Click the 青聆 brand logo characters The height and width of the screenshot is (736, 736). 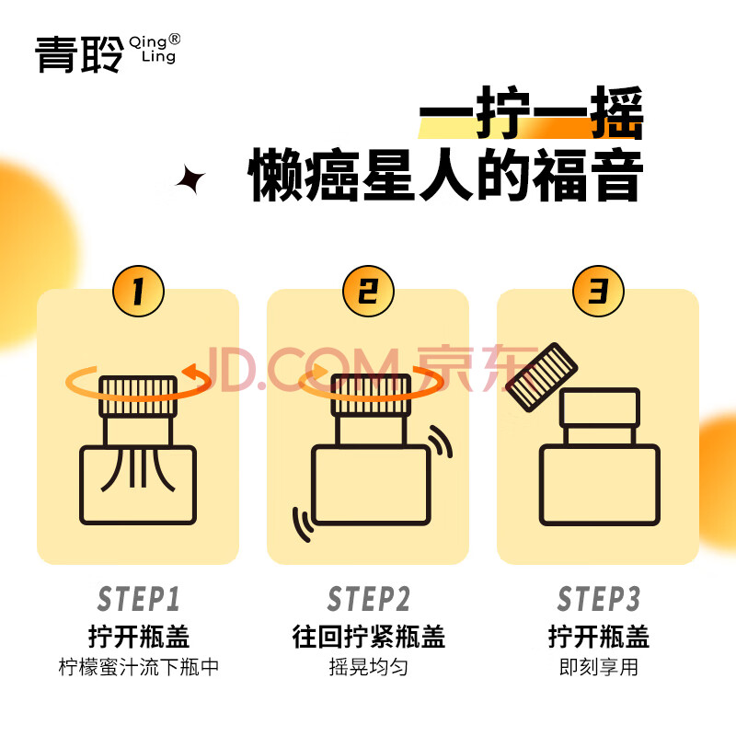(x=79, y=54)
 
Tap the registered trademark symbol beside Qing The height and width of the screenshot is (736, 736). (x=174, y=39)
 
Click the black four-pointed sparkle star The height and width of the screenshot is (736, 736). (x=190, y=179)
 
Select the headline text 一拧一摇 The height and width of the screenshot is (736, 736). (x=531, y=112)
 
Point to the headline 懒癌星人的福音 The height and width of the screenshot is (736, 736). (x=445, y=175)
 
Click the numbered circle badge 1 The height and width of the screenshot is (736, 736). (x=139, y=291)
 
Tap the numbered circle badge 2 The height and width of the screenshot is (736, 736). (x=368, y=291)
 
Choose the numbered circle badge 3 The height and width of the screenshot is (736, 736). (x=599, y=291)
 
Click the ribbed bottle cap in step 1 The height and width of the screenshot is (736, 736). (x=138, y=397)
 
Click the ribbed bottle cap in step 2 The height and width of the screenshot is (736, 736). (x=371, y=396)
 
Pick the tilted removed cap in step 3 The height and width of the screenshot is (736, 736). (x=541, y=377)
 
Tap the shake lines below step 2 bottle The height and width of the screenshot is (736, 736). (x=303, y=524)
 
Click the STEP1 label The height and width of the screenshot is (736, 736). (x=139, y=599)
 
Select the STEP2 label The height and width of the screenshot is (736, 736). (x=369, y=599)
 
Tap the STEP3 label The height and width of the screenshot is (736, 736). (x=599, y=599)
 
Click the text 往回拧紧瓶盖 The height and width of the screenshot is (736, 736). (x=369, y=637)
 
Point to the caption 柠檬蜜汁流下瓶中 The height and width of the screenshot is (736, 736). (x=139, y=667)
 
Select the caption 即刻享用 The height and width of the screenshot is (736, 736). (x=599, y=667)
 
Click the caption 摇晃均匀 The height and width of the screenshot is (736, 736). (x=369, y=667)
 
